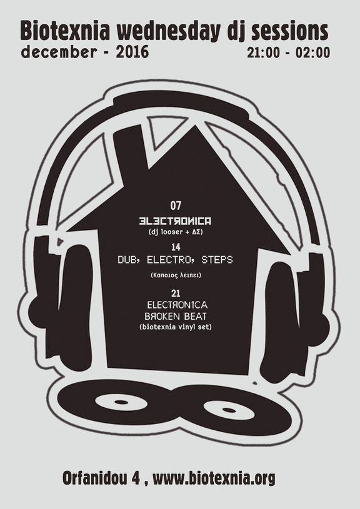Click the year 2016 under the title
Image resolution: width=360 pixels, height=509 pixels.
pyautogui.click(x=132, y=52)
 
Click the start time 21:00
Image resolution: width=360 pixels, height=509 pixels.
pyautogui.click(x=263, y=52)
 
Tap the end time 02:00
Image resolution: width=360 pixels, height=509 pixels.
pyautogui.click(x=312, y=52)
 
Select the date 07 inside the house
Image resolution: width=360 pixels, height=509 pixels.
pyautogui.click(x=176, y=205)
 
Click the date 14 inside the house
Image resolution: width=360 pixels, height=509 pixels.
pyautogui.click(x=176, y=247)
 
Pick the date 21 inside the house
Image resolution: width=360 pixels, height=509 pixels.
pyautogui.click(x=176, y=294)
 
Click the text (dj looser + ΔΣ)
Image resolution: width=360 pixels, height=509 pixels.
pyautogui.click(x=176, y=233)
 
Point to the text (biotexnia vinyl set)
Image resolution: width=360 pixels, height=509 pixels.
pyautogui.click(x=176, y=327)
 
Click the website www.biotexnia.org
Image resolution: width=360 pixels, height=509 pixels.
pyautogui.click(x=214, y=478)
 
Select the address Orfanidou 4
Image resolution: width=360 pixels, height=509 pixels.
pyautogui.click(x=101, y=477)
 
